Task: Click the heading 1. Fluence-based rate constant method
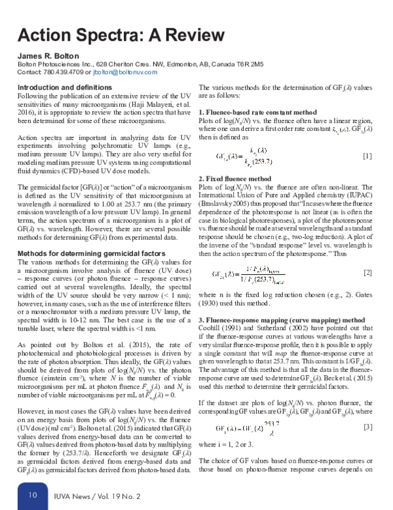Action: pyautogui.click(x=257, y=113)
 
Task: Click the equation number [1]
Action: pyautogui.click(x=367, y=155)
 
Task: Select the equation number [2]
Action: pyautogui.click(x=367, y=271)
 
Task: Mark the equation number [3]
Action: pyautogui.click(x=367, y=426)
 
